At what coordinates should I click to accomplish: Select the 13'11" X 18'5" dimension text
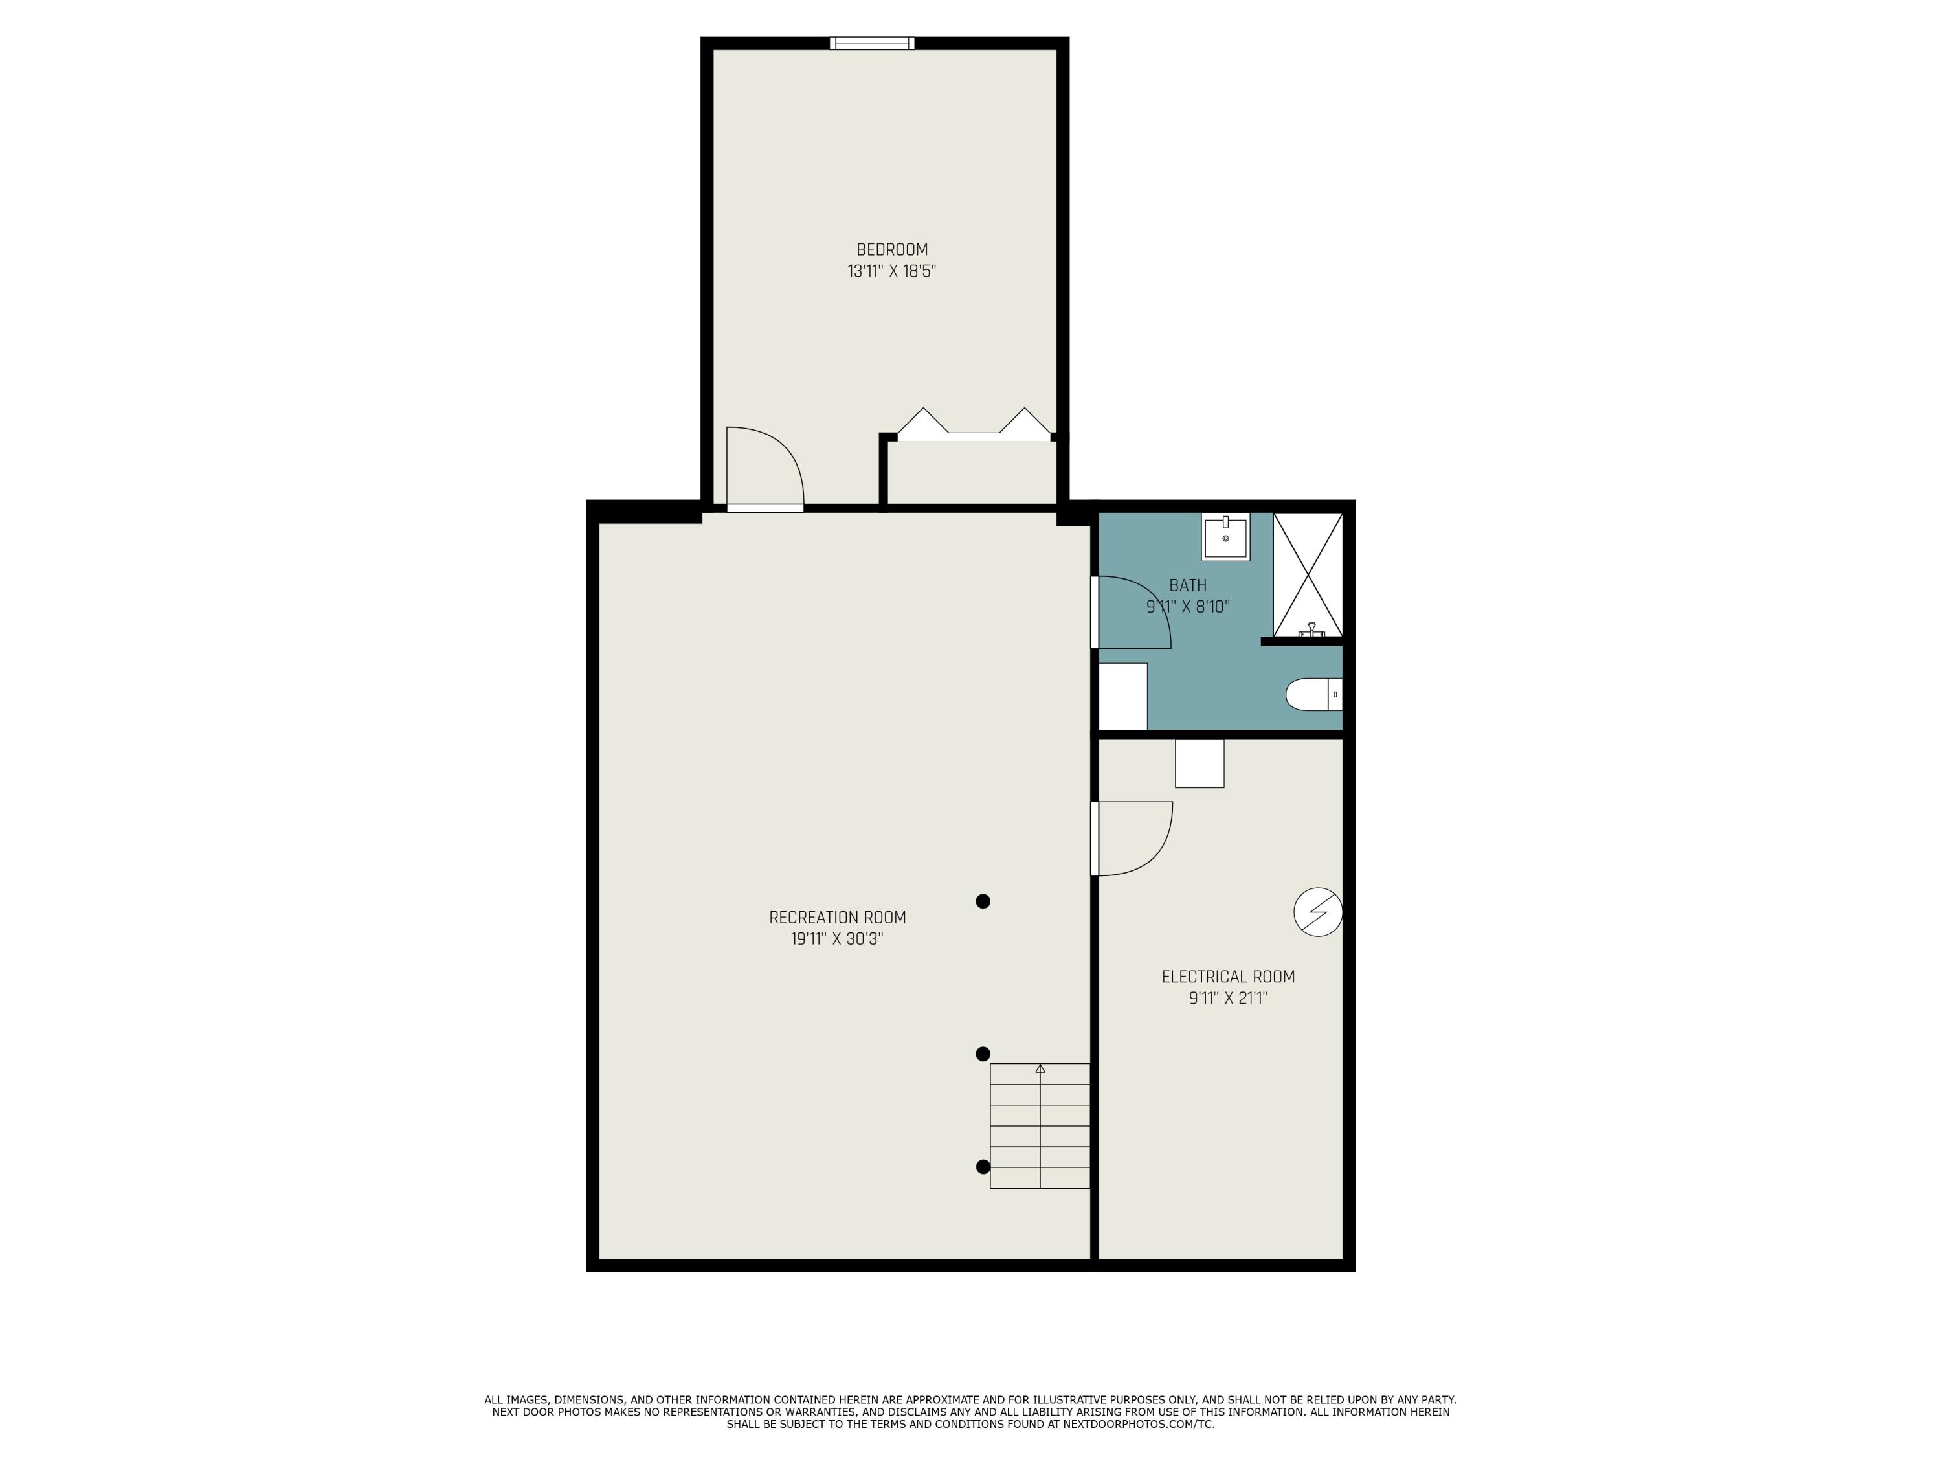[x=892, y=271]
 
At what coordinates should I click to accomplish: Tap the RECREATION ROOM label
[x=836, y=918]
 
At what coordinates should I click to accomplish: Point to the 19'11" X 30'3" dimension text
[x=836, y=939]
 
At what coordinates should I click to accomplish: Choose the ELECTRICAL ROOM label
[x=1228, y=977]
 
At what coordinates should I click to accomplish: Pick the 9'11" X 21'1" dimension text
[x=1228, y=998]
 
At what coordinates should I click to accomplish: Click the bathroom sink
[x=1225, y=537]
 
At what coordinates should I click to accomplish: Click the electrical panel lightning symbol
[x=1318, y=912]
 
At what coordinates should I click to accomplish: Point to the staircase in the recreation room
[x=1040, y=1126]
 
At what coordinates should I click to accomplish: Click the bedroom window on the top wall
[x=872, y=43]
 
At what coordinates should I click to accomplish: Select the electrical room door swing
[x=1134, y=839]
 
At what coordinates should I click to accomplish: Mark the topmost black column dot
[x=983, y=901]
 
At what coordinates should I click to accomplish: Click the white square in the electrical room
[x=1200, y=763]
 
